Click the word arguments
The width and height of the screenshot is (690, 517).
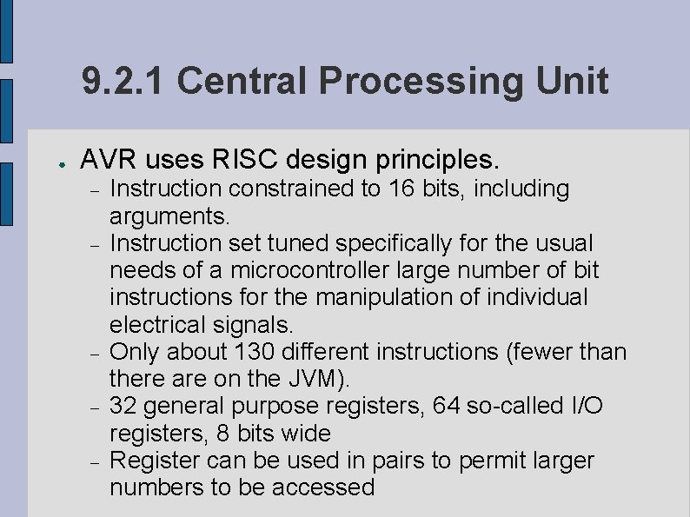[170, 215]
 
